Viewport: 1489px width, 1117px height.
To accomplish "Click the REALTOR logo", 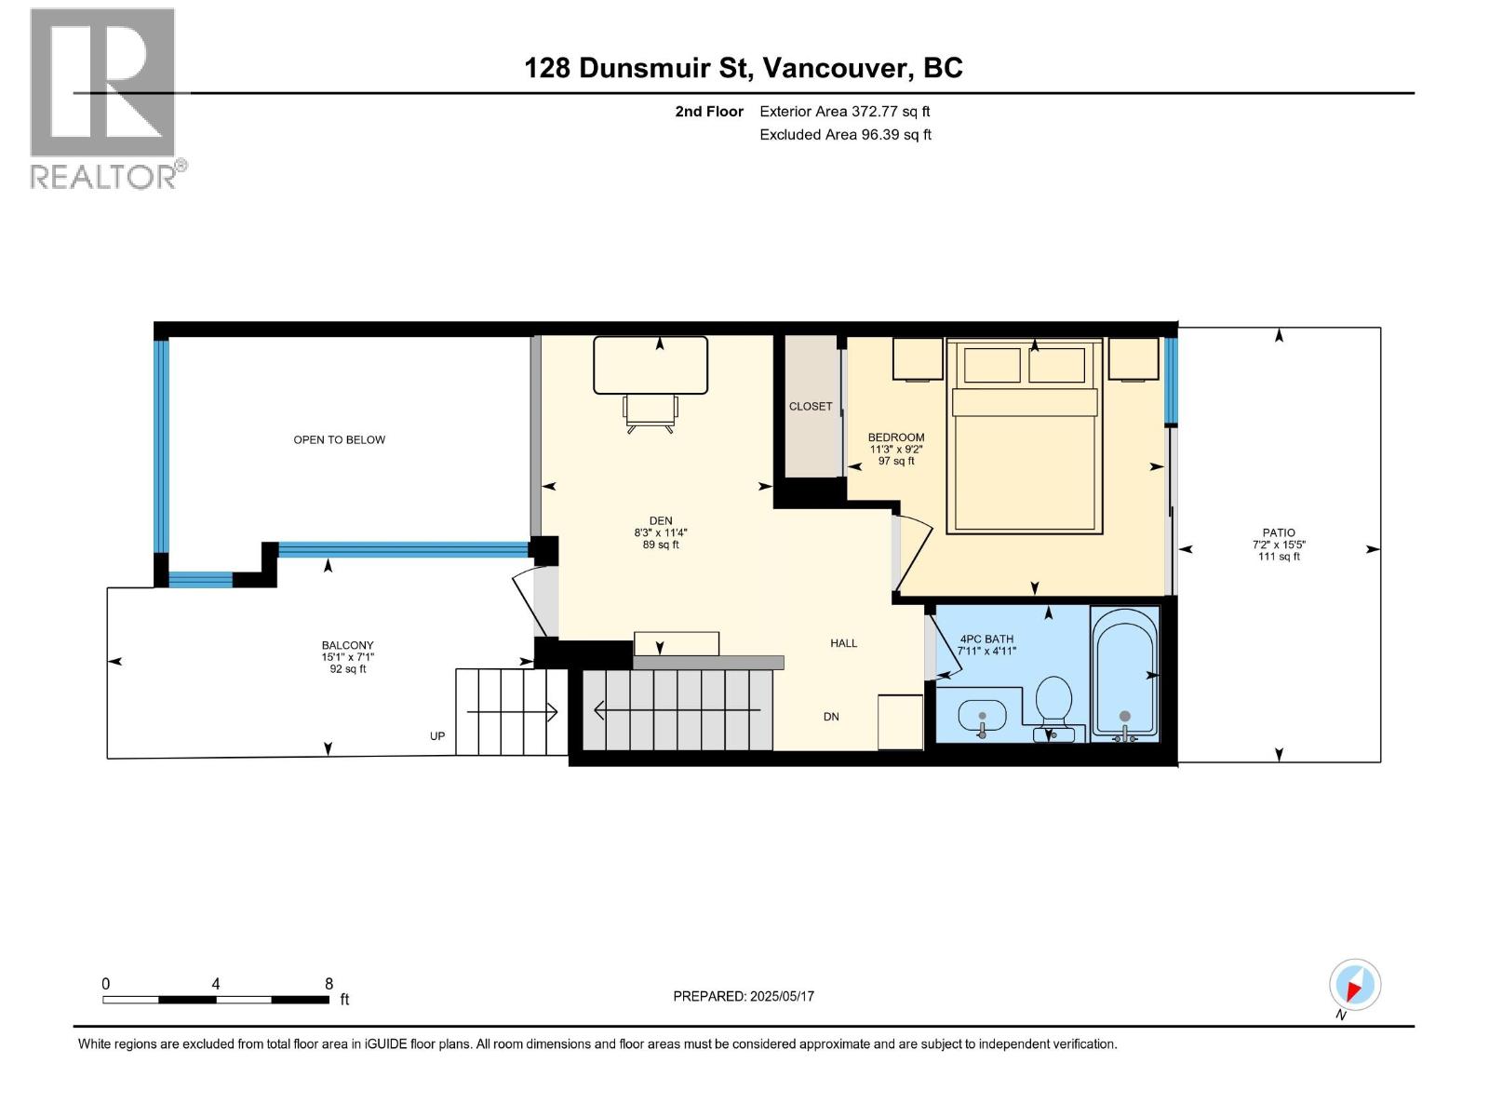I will (x=103, y=97).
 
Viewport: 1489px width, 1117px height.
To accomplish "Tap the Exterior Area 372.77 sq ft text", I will (x=844, y=112).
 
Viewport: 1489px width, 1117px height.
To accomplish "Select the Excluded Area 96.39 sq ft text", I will (x=845, y=135).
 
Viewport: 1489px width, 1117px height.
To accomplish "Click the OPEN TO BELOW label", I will (x=339, y=440).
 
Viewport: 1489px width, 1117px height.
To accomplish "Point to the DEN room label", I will (x=660, y=521).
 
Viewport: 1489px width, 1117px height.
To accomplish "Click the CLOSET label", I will (x=810, y=407).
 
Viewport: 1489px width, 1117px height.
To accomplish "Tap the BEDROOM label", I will (x=895, y=437).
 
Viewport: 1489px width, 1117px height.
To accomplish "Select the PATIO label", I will (x=1279, y=533).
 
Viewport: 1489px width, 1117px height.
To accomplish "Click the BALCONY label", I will (x=347, y=645).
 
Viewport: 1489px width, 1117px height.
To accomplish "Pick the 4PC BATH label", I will (x=986, y=639).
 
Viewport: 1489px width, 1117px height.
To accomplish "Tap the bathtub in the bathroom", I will (x=1124, y=672).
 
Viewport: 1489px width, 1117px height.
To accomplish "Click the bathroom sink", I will (x=982, y=718).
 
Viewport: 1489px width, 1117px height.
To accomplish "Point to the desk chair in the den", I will (x=651, y=413).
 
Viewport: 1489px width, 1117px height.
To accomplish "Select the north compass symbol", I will (x=1354, y=985).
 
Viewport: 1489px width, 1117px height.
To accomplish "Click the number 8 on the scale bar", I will (x=329, y=984).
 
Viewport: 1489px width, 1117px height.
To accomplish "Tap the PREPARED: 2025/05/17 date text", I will (x=743, y=996).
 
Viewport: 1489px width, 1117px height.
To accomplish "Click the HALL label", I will (x=843, y=643).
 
